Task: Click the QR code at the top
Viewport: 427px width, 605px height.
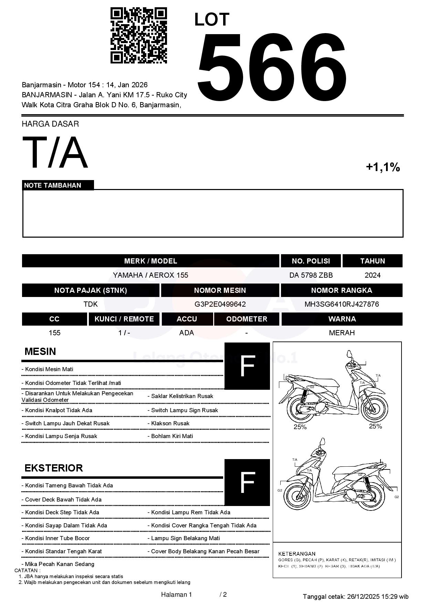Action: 138,35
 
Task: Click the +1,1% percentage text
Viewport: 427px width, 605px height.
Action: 383,167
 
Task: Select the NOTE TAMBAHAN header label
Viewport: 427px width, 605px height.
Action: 53,185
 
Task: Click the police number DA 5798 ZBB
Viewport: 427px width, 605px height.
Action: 311,275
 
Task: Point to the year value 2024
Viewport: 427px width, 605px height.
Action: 372,275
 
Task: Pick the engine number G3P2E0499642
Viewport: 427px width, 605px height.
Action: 220,304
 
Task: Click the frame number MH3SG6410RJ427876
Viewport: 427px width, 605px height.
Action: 342,304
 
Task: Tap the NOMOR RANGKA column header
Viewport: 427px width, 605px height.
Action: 342,290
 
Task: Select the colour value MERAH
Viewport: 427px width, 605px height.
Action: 342,333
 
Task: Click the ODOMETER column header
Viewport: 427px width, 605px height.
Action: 247,319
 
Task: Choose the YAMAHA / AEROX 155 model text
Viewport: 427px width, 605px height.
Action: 150,275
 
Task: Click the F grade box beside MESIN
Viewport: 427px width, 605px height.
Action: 247,366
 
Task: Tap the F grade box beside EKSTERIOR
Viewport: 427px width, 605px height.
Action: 247,482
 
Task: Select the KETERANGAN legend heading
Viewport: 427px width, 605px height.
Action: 296,554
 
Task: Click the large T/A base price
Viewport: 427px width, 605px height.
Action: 55,153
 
